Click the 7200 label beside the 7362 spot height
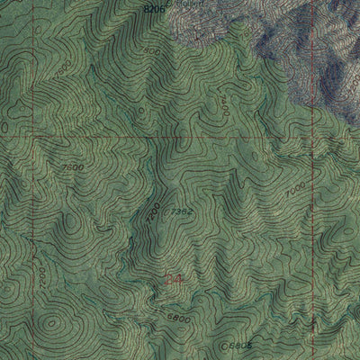(x=154, y=213)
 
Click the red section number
(x=176, y=281)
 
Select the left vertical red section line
(x=37, y=225)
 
